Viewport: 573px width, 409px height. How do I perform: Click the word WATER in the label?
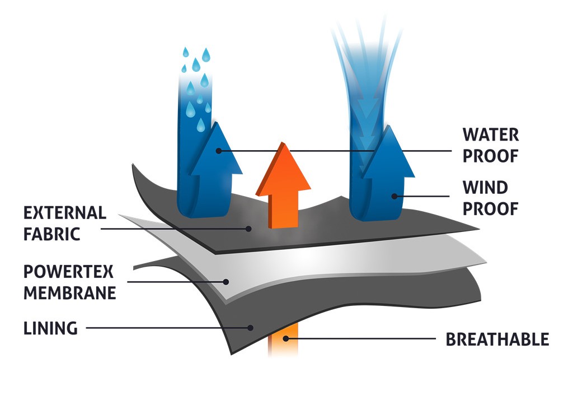click(x=490, y=135)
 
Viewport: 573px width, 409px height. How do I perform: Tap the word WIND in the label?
click(x=485, y=187)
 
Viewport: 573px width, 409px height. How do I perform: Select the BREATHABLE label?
click(x=497, y=340)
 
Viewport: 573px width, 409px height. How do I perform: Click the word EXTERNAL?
click(x=65, y=213)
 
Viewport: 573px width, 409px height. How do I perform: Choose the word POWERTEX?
click(x=68, y=272)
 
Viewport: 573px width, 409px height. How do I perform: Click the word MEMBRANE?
click(x=69, y=293)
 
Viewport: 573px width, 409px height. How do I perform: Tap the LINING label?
click(x=50, y=328)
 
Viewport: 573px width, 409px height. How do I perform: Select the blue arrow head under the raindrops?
click(x=217, y=148)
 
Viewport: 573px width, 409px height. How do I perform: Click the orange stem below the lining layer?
click(x=279, y=344)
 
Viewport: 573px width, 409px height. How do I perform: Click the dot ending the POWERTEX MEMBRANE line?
click(x=227, y=282)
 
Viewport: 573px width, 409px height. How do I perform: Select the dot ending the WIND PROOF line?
click(x=394, y=196)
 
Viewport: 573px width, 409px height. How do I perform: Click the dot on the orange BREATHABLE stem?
click(x=285, y=338)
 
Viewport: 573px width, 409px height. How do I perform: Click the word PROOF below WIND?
click(x=490, y=208)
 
